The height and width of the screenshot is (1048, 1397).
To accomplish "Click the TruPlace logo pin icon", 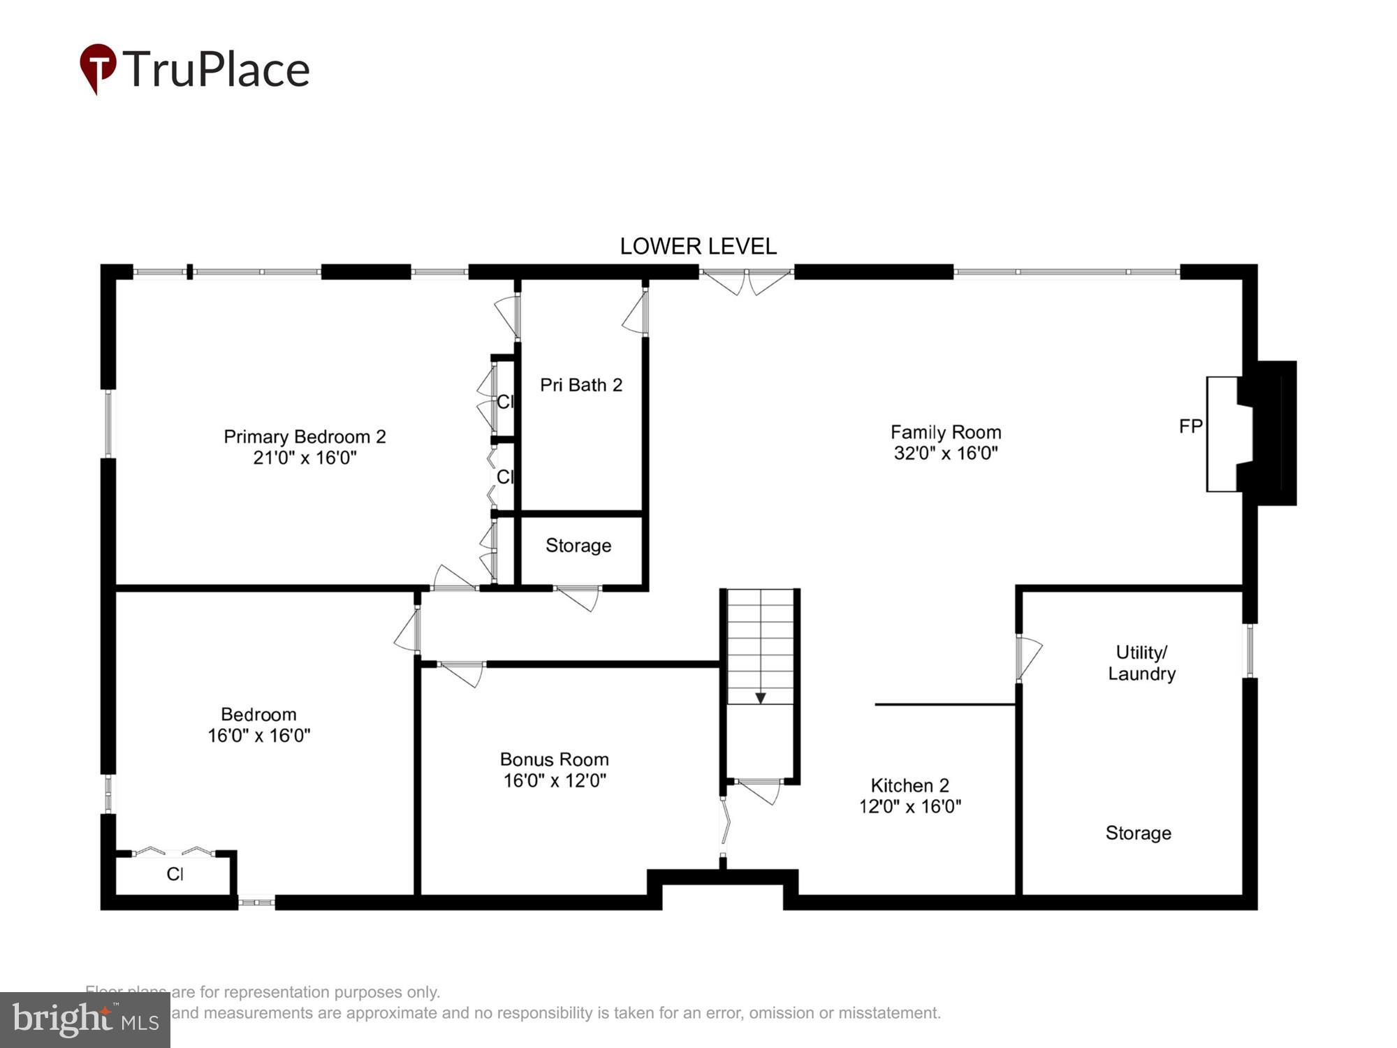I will coord(98,67).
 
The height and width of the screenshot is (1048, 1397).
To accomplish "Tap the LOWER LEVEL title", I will coord(698,247).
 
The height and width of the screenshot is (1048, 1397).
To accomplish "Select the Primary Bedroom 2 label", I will coord(305,437).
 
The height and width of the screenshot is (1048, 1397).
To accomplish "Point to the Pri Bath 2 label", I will coord(581,385).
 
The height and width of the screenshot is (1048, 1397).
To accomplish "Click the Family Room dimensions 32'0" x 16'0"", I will coord(946,453).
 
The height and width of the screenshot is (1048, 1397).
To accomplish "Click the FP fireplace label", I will coord(1190,426).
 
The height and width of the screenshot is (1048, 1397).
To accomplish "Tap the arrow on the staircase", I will coord(761,697).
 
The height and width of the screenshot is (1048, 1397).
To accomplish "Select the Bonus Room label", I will coord(554,759).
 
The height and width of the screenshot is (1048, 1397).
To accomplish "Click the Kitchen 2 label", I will coord(909,785).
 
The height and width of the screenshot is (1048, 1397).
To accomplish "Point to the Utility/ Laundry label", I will coord(1141,663).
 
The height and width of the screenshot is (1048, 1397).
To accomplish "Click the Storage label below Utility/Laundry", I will coord(1138,833).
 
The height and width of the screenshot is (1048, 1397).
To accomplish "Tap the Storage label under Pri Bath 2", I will coord(578,546).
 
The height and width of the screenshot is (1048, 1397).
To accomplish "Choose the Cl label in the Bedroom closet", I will coord(175,874).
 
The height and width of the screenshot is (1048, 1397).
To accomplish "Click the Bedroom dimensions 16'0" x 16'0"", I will coord(258,736).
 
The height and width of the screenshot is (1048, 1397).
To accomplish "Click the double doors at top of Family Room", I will coord(746,281).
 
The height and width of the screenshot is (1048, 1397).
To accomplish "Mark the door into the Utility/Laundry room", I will coord(1027,657).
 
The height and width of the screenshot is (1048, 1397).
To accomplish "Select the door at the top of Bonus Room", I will coord(462,672).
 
